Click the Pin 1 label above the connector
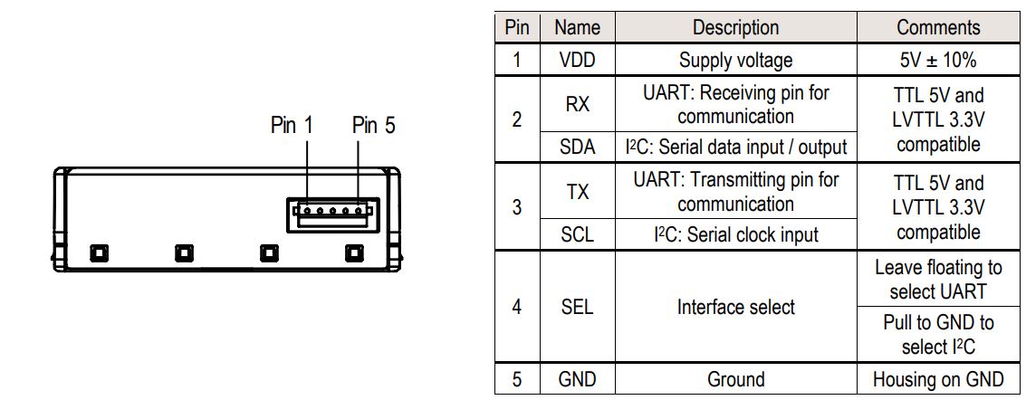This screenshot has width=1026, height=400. [x=292, y=126]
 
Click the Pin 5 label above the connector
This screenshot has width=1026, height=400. [x=373, y=126]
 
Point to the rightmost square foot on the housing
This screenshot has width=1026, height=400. [x=353, y=252]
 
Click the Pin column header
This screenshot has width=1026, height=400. [x=517, y=27]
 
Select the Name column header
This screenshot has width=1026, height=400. [x=577, y=27]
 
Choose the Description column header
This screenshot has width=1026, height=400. [x=735, y=27]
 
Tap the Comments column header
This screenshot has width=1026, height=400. [x=938, y=27]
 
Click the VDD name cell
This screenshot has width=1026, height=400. [x=577, y=61]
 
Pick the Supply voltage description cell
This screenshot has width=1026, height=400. [x=735, y=61]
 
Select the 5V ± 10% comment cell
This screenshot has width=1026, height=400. [x=938, y=61]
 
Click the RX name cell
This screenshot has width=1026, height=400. [x=577, y=104]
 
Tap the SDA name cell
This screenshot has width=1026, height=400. [x=577, y=147]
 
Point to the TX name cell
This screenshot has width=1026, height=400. [x=577, y=191]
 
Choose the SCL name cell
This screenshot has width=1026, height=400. [x=577, y=234]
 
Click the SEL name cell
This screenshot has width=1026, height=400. [x=577, y=307]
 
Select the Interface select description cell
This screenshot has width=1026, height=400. [x=735, y=307]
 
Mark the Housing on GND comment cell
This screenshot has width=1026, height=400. [x=938, y=379]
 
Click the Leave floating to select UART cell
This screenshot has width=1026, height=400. [x=938, y=280]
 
